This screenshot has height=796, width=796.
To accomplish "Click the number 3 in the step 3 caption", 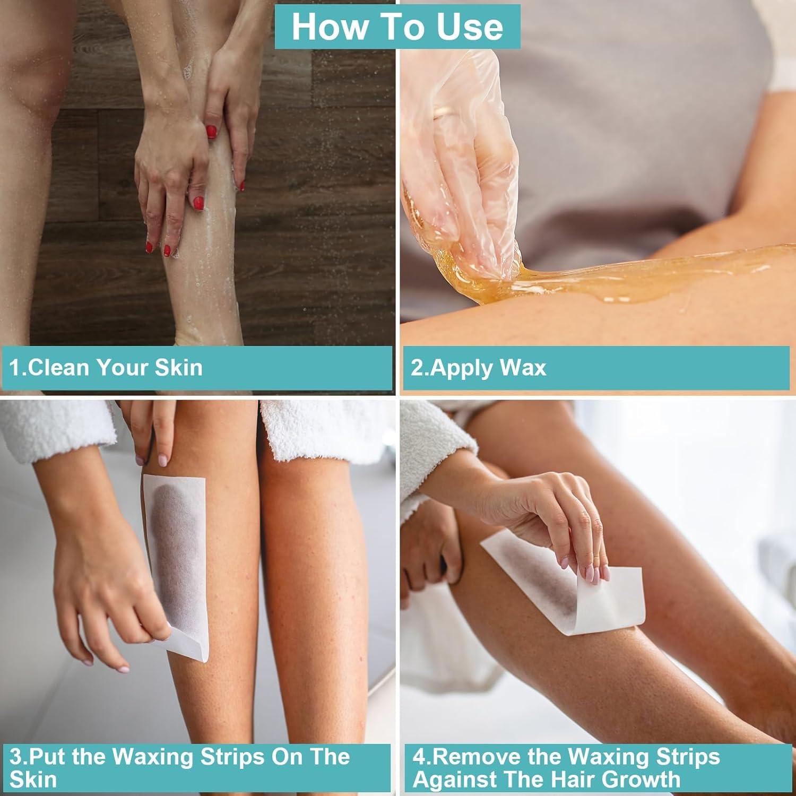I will (15, 757).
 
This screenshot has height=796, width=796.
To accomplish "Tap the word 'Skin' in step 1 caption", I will (178, 368).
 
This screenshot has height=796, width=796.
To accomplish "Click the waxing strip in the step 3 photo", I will (175, 552).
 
